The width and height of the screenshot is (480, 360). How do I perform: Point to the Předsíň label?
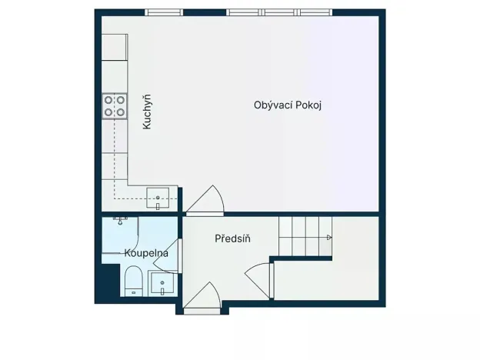click(232, 238)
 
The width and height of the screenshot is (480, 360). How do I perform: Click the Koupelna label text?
click(146, 252)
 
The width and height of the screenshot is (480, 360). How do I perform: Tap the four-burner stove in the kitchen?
click(115, 105)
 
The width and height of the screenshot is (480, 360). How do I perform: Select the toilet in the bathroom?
click(132, 280)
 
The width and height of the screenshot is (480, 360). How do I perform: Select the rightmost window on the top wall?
click(315, 12)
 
